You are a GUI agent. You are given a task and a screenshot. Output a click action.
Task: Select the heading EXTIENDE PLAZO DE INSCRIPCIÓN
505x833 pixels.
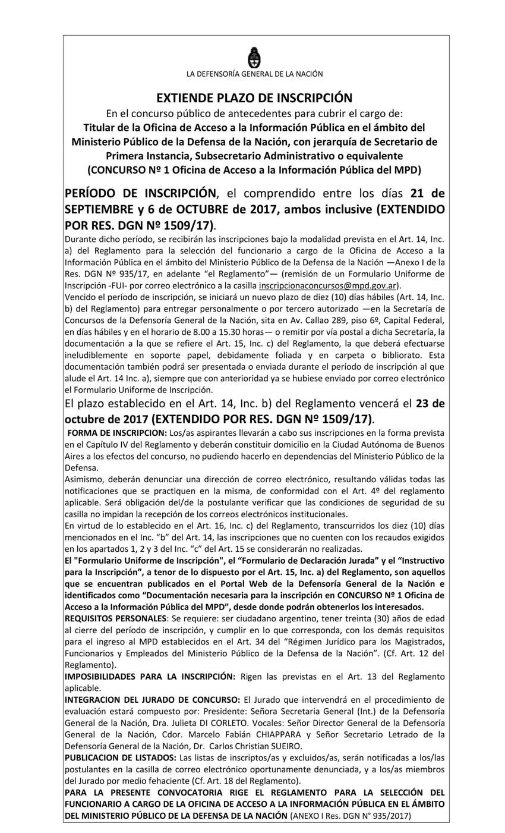tap(254, 98)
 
